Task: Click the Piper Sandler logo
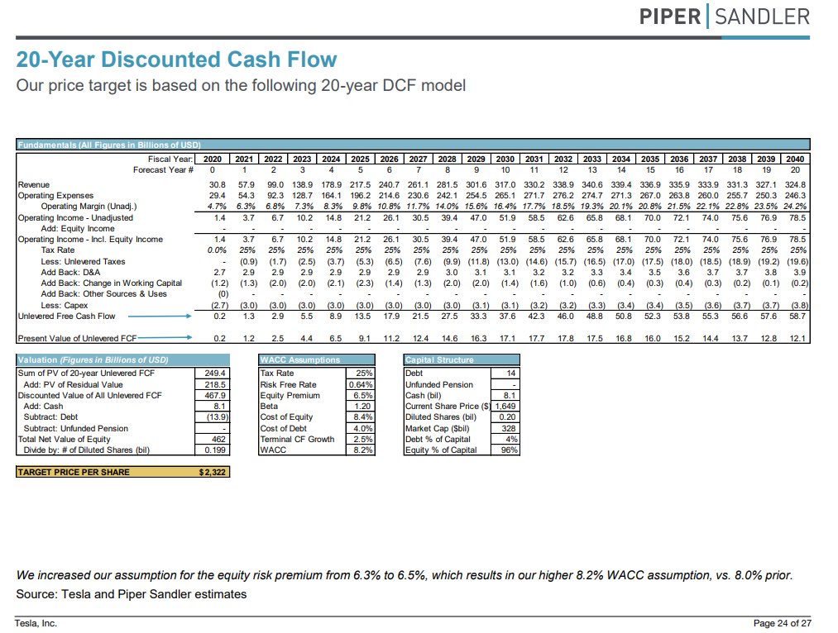coord(725,16)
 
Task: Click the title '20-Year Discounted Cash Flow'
coord(177,59)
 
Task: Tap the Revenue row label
coord(34,184)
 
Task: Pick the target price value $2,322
coord(213,472)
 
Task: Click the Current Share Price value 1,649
coord(505,407)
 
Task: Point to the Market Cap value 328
coord(509,428)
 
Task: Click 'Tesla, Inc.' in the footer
coord(36,622)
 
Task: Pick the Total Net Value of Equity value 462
coord(217,439)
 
